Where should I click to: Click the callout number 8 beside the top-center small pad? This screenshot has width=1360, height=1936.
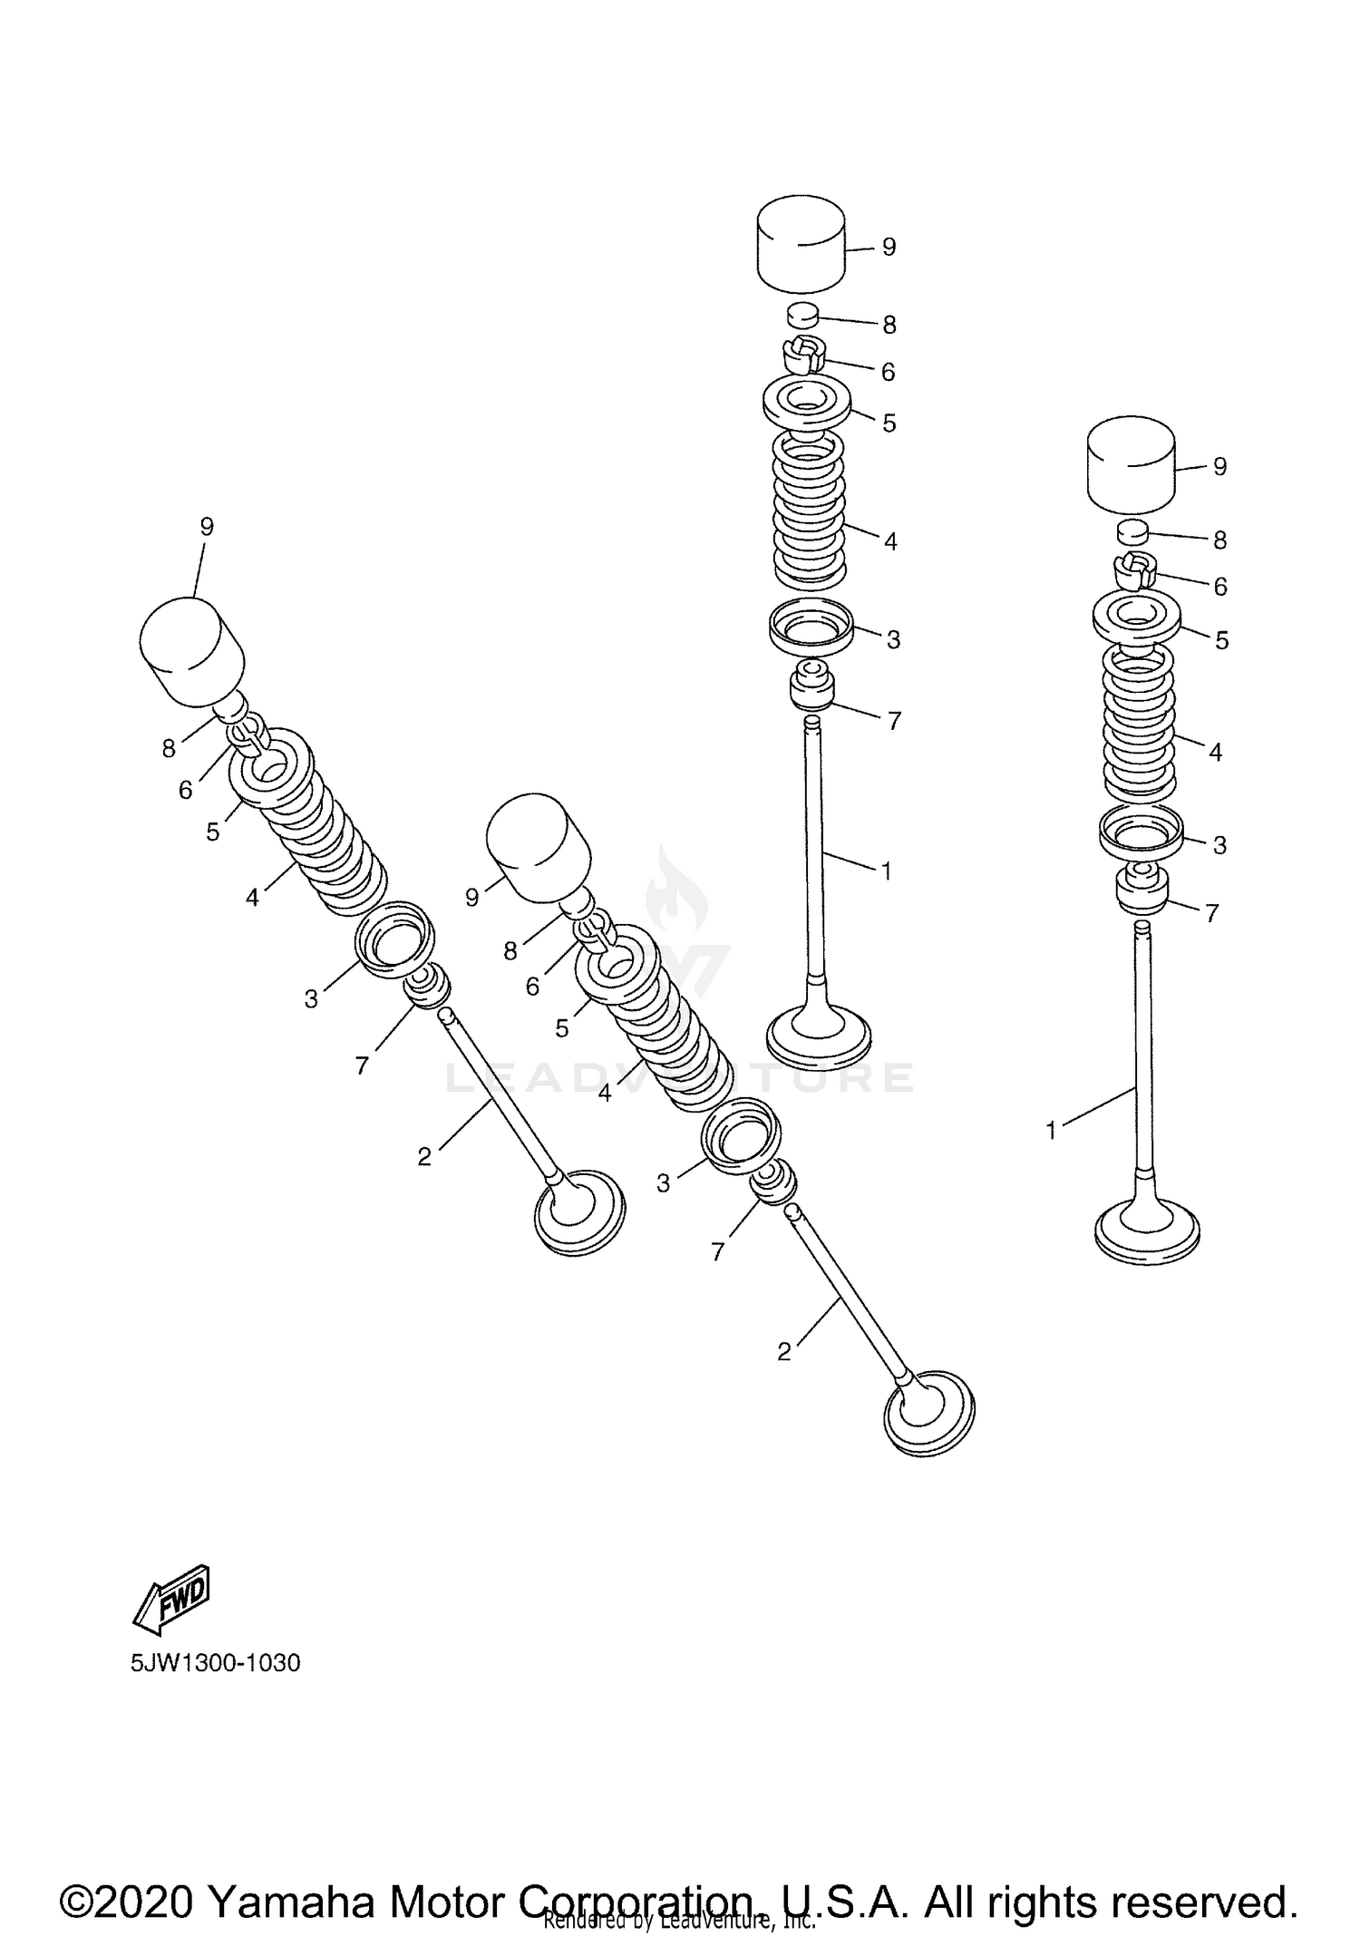pos(889,324)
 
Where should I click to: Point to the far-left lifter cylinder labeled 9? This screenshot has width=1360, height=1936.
pos(192,651)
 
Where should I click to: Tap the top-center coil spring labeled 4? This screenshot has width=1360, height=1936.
pos(809,512)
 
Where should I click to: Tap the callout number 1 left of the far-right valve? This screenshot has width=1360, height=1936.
pos(1051,1131)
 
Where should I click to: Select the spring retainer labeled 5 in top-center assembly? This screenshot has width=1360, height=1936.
pos(807,404)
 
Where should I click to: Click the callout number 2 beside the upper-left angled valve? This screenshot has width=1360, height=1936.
pos(424,1156)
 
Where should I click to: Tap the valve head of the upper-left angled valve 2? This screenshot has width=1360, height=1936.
pos(580,1212)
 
